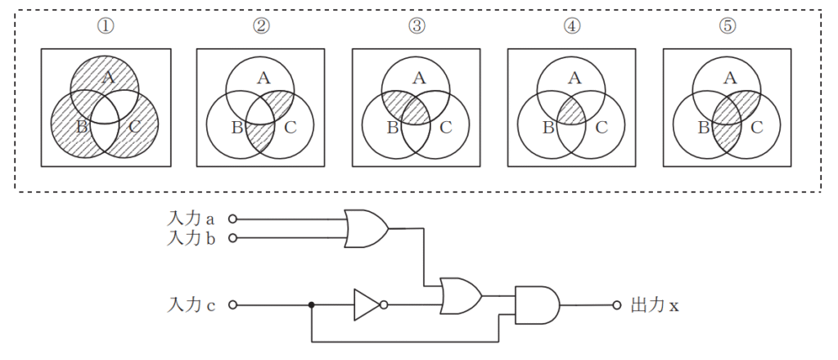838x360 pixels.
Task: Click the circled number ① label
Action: [106, 25]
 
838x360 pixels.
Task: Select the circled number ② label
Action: [262, 25]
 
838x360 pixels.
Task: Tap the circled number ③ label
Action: [417, 25]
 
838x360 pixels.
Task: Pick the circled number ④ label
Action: [572, 25]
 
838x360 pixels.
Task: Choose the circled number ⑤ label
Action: [728, 25]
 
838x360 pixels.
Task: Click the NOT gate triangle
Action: [365, 305]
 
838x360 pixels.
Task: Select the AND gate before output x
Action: [537, 305]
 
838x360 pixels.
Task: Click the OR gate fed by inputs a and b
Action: [365, 228]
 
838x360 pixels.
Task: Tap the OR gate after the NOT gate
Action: [460, 295]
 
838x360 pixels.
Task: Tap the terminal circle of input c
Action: [232, 305]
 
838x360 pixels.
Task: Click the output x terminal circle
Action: [617, 305]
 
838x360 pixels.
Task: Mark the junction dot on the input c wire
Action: [312, 305]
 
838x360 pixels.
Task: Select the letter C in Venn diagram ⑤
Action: [756, 127]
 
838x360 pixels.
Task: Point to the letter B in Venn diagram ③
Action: [391, 127]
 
